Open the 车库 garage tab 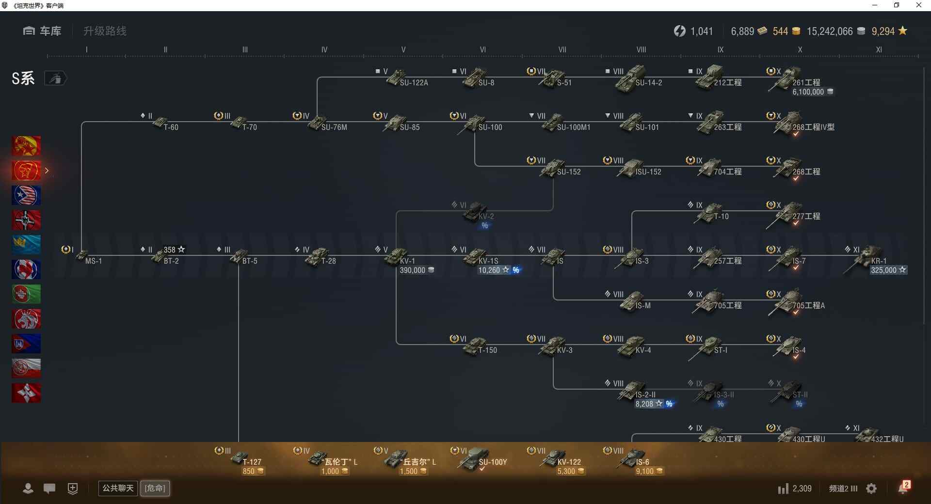click(x=42, y=31)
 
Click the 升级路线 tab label click(x=105, y=31)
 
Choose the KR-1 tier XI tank click(x=868, y=257)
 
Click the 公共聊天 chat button click(x=118, y=488)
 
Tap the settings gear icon click(x=871, y=488)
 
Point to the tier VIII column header click(x=641, y=49)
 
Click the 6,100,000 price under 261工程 click(x=808, y=92)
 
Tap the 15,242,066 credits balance click(x=829, y=31)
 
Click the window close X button click(x=918, y=5)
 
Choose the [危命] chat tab click(x=155, y=488)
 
